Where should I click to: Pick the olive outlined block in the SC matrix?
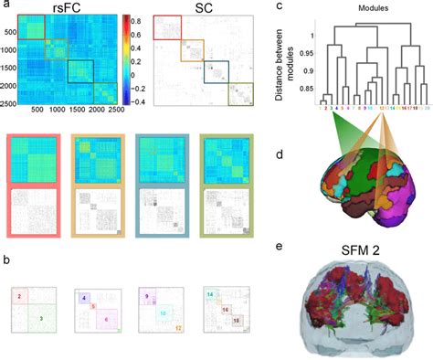point(240,95)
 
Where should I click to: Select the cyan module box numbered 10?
point(164,312)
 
